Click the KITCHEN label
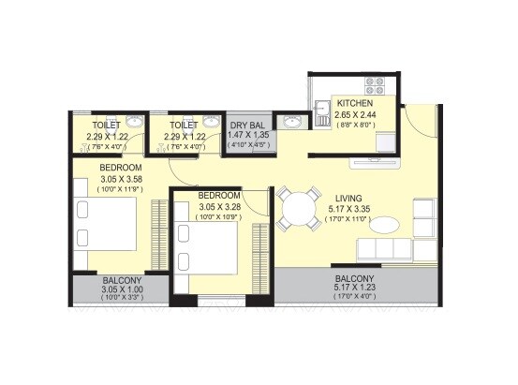[x=354, y=104]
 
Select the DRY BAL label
[x=247, y=124]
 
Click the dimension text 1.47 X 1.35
[x=247, y=135]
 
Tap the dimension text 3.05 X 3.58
[x=119, y=178]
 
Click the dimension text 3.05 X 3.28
[x=218, y=207]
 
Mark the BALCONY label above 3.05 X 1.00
[x=121, y=281]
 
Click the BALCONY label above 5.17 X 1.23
[x=354, y=279]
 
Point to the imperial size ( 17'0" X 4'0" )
[x=354, y=301]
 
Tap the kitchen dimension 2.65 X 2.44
[x=354, y=115]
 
